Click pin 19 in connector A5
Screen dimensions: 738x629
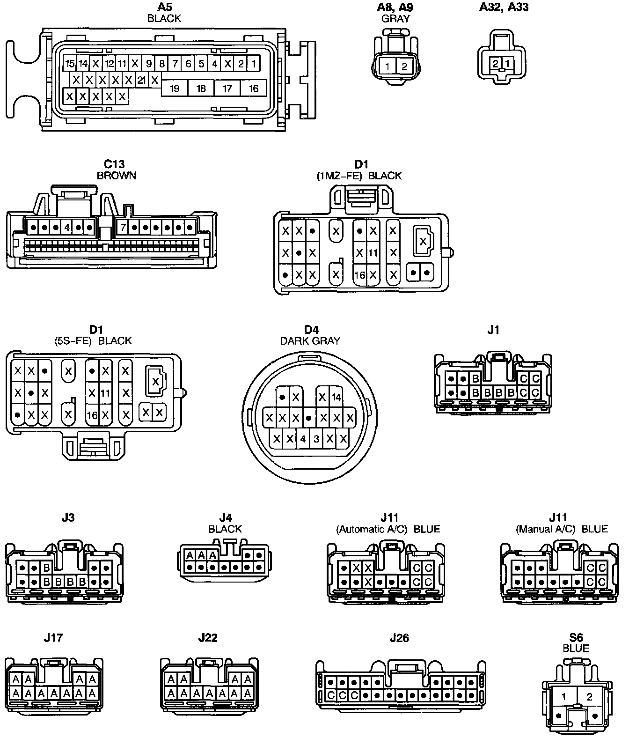pos(175,89)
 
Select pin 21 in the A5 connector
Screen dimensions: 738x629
pos(141,80)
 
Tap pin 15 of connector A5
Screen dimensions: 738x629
pos(70,64)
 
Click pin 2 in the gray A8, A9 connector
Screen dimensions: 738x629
pos(404,66)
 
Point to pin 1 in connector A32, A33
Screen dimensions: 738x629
pos(507,63)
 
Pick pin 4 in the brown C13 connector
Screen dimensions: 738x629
pos(67,228)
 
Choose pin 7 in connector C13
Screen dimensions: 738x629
pos(123,228)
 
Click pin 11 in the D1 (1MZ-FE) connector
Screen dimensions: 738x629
pos(373,253)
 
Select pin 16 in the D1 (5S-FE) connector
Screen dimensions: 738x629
pos(92,415)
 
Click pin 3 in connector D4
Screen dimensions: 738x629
pos(316,439)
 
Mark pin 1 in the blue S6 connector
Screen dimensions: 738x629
pos(564,697)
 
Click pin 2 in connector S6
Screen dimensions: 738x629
pos(589,697)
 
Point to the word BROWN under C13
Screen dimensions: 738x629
pos(116,176)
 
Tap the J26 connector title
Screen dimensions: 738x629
pos(399,638)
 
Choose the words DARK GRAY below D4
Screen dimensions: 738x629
pos(310,341)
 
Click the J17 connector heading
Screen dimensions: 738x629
pos(53,638)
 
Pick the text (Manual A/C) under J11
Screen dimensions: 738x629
pos(545,529)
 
